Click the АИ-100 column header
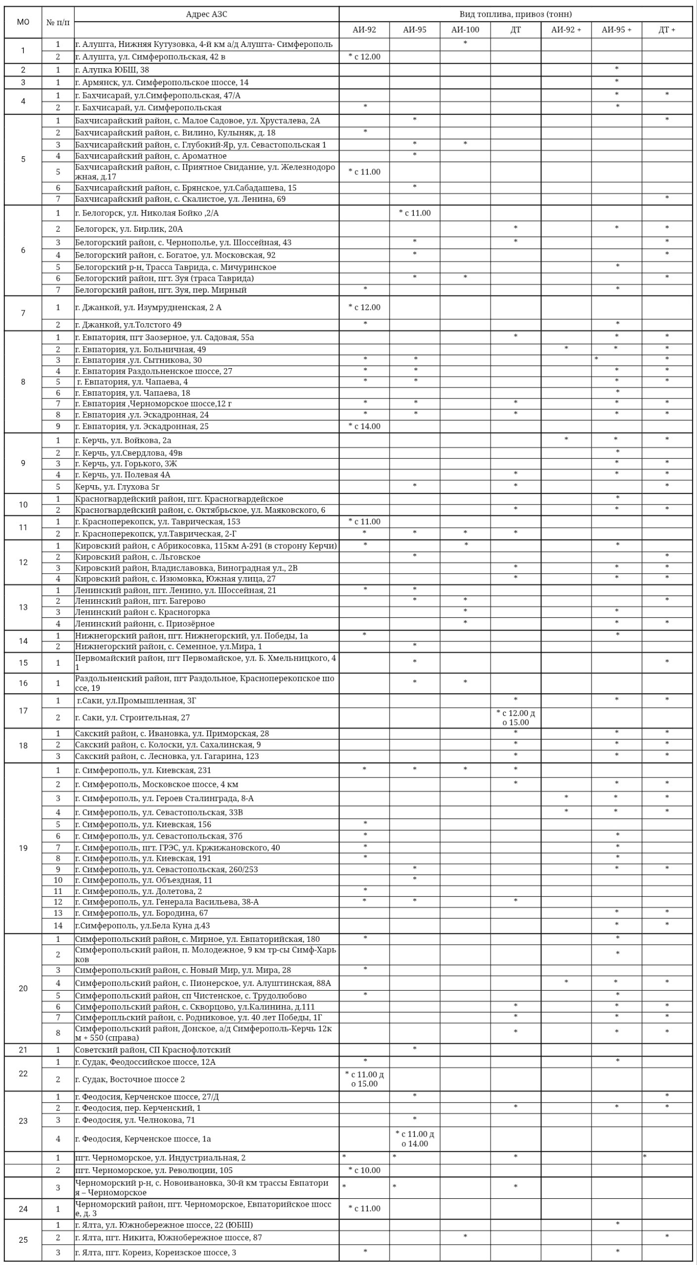click(x=465, y=30)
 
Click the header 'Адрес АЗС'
click(x=207, y=14)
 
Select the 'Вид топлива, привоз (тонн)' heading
click(x=515, y=14)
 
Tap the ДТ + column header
click(x=666, y=30)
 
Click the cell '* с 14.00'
click(x=364, y=426)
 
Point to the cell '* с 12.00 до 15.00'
click(x=515, y=717)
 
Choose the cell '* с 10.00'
click(x=364, y=1170)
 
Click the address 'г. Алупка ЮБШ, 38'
click(x=112, y=70)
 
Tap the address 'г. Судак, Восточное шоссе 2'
click(x=130, y=1079)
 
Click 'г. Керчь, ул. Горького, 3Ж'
click(x=126, y=464)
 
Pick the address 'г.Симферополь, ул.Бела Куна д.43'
click(x=142, y=926)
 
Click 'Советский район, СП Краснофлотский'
click(x=153, y=1050)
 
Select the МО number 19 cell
click(x=23, y=848)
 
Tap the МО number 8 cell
click(x=23, y=382)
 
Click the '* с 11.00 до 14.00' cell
click(x=415, y=1139)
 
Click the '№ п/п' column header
click(x=58, y=22)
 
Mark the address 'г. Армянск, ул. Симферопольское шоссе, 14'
click(x=162, y=83)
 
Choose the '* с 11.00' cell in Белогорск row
click(x=415, y=213)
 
